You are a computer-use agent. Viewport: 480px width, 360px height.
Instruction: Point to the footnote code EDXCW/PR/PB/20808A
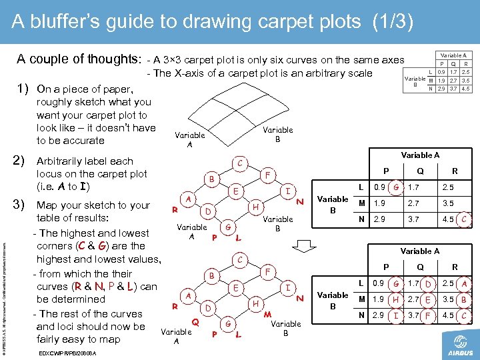pyautogui.click(x=67, y=353)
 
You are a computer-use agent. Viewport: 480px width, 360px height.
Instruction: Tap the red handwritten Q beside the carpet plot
pyautogui.click(x=196, y=321)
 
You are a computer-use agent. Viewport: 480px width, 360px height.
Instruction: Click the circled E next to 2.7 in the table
pyautogui.click(x=429, y=299)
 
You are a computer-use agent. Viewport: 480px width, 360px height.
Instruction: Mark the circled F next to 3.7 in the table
pyautogui.click(x=429, y=315)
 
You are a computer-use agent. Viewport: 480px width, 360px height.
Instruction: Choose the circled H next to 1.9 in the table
pyautogui.click(x=395, y=299)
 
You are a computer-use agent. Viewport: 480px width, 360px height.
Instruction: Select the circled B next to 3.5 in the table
pyautogui.click(x=463, y=299)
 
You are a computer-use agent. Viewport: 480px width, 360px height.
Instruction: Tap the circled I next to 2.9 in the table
pyautogui.click(x=395, y=315)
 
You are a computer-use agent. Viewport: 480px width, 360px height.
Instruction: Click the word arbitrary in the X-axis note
pyautogui.click(x=307, y=73)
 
